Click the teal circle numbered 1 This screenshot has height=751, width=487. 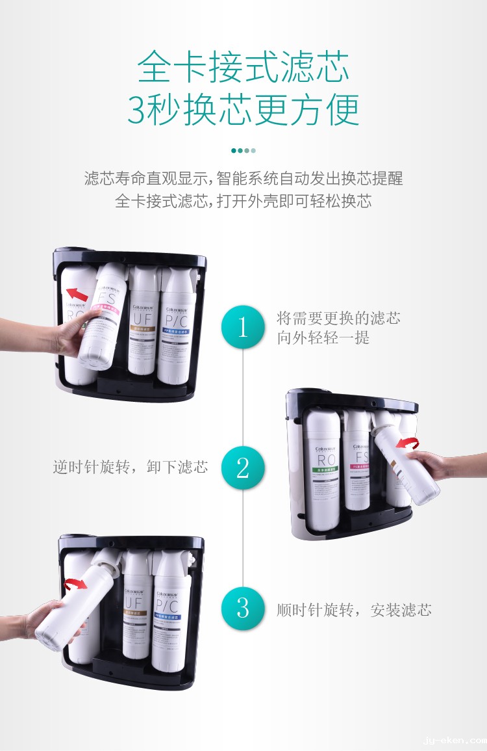[x=243, y=327]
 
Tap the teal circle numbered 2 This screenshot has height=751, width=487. [x=243, y=468]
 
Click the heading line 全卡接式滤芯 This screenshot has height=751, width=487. [x=243, y=67]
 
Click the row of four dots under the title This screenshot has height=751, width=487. [x=243, y=150]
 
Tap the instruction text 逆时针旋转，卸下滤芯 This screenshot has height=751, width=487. [x=131, y=467]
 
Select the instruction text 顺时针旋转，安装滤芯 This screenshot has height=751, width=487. [x=354, y=610]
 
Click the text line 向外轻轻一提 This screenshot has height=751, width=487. [x=323, y=338]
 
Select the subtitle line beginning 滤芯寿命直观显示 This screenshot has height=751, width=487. [x=243, y=178]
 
